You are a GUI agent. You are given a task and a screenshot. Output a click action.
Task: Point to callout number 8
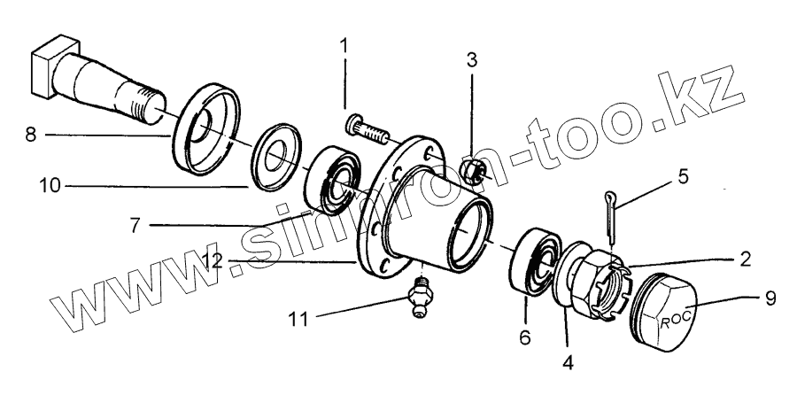click(x=32, y=136)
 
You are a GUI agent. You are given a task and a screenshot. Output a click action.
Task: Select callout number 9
click(x=770, y=298)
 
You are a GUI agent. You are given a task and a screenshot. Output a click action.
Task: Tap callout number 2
click(x=747, y=259)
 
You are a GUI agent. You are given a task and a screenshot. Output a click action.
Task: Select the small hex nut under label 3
click(x=473, y=171)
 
